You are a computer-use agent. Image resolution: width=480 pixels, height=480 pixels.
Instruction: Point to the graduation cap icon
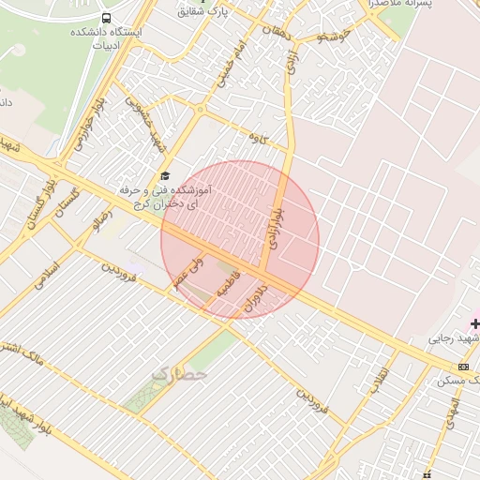(x=166, y=175)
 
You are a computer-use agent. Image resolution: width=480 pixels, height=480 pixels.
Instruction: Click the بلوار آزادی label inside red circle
(x=276, y=222)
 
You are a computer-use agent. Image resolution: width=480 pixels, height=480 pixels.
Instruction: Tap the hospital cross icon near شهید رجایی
(x=474, y=323)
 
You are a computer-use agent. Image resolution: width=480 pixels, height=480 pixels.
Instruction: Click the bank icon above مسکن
(x=464, y=366)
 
